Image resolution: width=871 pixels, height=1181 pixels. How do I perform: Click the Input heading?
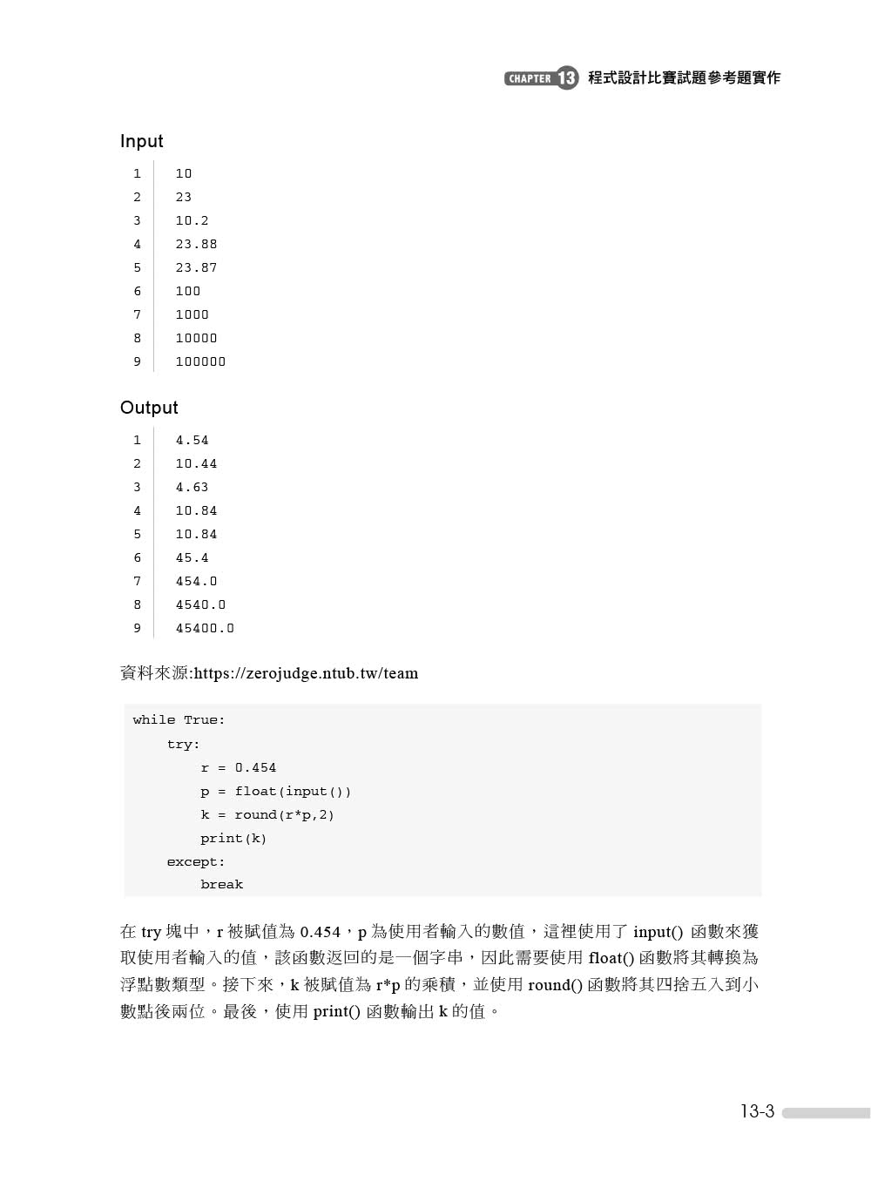(x=141, y=141)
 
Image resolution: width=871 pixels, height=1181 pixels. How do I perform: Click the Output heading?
(x=149, y=408)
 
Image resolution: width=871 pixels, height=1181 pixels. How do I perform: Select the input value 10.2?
(x=192, y=221)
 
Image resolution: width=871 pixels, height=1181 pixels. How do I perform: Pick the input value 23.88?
(x=196, y=245)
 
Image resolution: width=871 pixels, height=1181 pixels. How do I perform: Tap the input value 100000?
(x=200, y=362)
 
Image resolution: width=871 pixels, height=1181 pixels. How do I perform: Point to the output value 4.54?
(x=192, y=441)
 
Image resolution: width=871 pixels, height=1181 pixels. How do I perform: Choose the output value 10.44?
(x=196, y=464)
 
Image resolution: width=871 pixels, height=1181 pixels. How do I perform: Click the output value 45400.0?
(x=205, y=629)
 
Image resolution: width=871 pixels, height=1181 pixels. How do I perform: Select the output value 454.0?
(x=196, y=582)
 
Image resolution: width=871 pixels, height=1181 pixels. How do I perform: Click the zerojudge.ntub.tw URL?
(x=306, y=673)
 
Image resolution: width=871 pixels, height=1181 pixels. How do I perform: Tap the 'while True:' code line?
(x=179, y=720)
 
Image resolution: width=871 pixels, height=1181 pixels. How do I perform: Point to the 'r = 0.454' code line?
(x=238, y=768)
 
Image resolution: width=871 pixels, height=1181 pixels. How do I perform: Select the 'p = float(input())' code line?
(x=275, y=792)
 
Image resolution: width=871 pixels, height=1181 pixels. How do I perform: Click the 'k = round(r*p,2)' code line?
(x=267, y=815)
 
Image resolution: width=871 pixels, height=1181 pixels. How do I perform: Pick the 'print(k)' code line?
(x=233, y=839)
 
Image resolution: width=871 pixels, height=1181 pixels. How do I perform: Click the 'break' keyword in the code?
(x=221, y=885)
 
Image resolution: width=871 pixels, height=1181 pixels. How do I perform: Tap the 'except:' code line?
(x=196, y=862)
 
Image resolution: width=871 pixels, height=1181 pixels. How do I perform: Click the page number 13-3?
(x=757, y=1111)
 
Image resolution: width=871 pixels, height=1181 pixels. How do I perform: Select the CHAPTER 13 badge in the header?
(x=541, y=78)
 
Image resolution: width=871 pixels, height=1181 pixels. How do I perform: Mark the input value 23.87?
(x=196, y=268)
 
